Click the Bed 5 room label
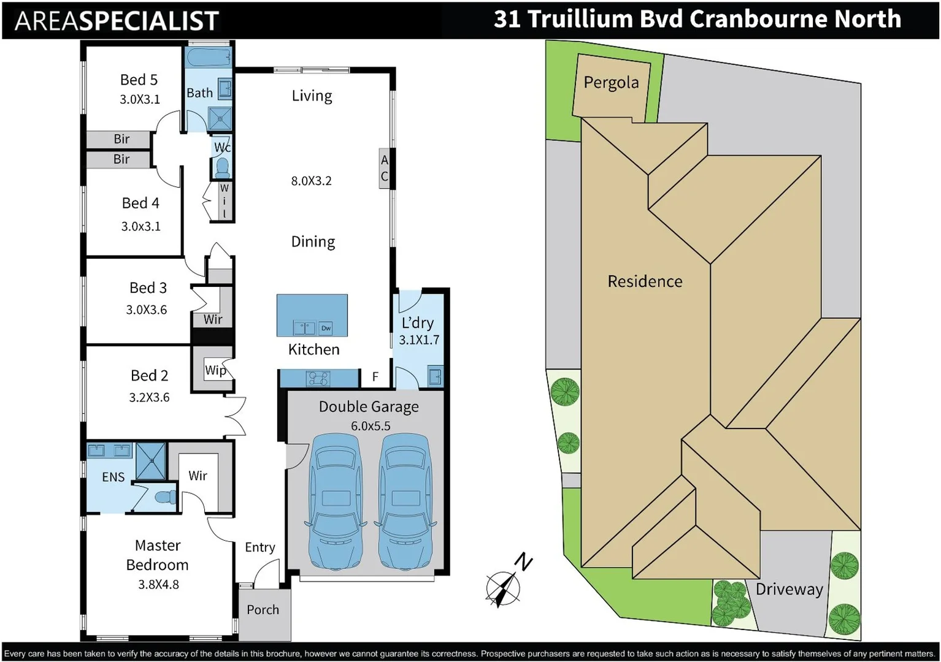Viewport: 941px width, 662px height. pos(139,80)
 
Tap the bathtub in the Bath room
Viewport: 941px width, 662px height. pos(208,59)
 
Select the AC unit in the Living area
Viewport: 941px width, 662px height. pos(385,168)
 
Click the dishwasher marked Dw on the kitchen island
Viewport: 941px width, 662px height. pos(326,328)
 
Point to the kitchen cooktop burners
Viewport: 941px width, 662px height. pos(319,378)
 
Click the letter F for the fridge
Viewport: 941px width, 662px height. pos(375,377)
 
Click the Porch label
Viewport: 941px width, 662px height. pos(263,609)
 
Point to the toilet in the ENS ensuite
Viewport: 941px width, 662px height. pos(163,497)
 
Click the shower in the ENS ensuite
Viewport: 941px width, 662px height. pos(150,460)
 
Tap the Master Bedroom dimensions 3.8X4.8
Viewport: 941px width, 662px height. pos(158,584)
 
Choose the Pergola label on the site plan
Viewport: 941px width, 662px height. pos(611,82)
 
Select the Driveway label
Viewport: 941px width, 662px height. pos(789,589)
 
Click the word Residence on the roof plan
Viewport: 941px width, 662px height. pos(645,281)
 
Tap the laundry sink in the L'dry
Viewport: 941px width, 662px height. pos(435,376)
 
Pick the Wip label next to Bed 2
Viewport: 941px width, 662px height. pos(215,370)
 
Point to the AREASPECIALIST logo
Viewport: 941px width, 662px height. pos(117,21)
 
